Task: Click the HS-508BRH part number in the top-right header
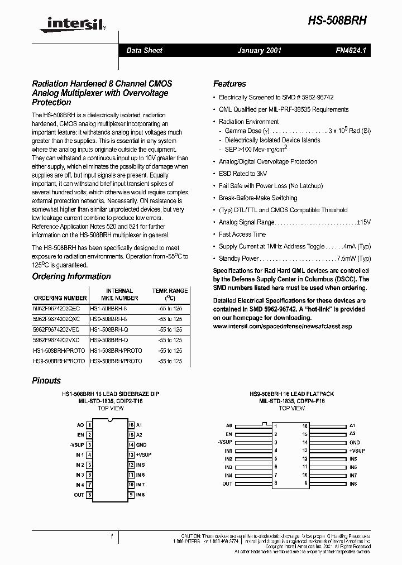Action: (x=338, y=19)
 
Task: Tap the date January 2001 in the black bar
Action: (x=259, y=50)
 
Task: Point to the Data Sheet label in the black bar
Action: (x=144, y=50)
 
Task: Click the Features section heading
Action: (x=229, y=84)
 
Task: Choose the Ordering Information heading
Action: (x=71, y=276)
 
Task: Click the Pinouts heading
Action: (x=46, y=380)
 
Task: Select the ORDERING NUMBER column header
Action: (x=60, y=298)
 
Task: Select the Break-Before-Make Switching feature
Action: (x=258, y=198)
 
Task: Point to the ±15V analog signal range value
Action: (x=363, y=222)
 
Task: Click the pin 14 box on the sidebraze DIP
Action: (x=131, y=445)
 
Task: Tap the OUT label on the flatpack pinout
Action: (x=227, y=483)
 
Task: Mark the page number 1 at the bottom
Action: (x=112, y=537)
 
